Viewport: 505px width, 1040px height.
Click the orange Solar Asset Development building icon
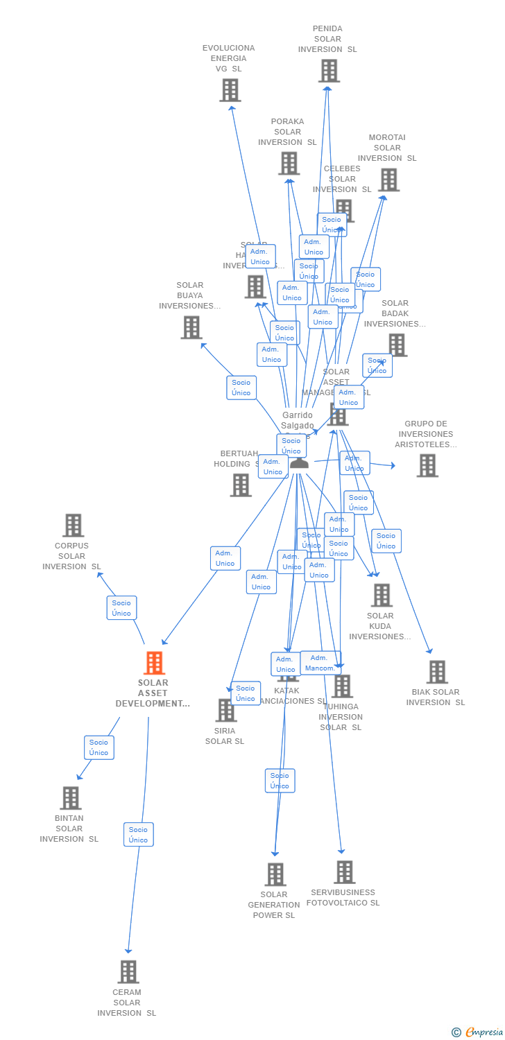(154, 664)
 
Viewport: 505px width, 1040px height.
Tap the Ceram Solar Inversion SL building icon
(128, 972)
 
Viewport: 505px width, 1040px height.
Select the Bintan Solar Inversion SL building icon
(70, 798)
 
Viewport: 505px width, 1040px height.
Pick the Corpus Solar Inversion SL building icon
(73, 526)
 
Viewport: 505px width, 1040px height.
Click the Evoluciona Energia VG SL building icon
(230, 90)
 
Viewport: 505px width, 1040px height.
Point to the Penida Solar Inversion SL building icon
(329, 71)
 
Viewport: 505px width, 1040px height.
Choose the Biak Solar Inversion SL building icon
(436, 672)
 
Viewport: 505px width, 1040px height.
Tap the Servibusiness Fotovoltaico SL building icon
(344, 872)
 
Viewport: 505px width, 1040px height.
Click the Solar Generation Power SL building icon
(275, 874)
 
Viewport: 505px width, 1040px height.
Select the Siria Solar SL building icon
(225, 711)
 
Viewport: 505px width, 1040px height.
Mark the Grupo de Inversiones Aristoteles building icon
(427, 466)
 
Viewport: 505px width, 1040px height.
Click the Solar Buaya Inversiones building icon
(191, 327)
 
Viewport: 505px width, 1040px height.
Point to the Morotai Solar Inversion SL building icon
(388, 180)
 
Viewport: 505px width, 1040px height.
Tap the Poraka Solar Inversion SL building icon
(289, 164)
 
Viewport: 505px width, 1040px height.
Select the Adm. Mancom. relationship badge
(320, 663)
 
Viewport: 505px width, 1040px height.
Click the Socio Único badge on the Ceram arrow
(138, 835)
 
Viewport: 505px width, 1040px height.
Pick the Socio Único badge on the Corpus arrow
(121, 608)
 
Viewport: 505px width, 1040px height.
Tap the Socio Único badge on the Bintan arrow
(99, 747)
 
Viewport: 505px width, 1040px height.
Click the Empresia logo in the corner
(477, 1032)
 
